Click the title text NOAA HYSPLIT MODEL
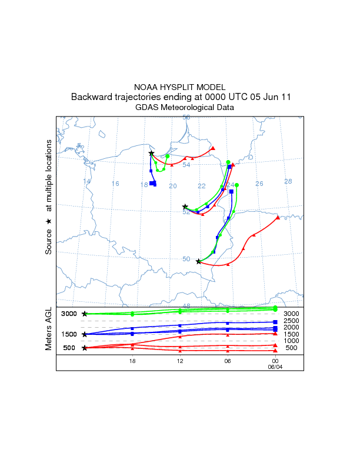(x=179, y=87)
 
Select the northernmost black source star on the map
(x=151, y=153)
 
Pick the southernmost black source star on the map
(x=198, y=261)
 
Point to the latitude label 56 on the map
(x=186, y=118)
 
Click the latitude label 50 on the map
(x=186, y=259)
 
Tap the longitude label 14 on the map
(x=86, y=181)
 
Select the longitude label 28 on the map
(x=288, y=181)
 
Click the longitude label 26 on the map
(x=259, y=184)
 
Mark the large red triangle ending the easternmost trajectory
(x=278, y=217)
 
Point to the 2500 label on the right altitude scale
(x=291, y=321)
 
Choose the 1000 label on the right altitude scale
(x=291, y=341)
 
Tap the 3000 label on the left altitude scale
(x=69, y=314)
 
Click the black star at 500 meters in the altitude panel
(x=85, y=348)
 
